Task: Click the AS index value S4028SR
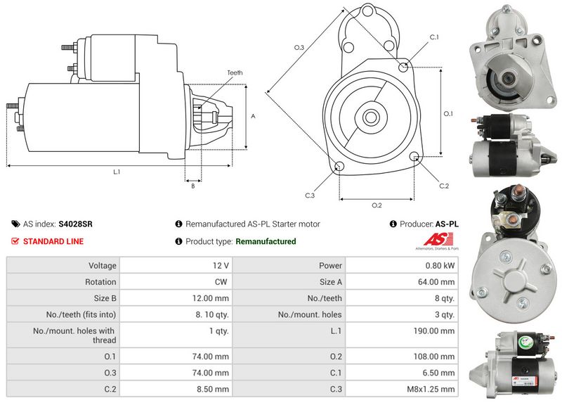click(x=75, y=224)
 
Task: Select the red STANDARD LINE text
click(x=53, y=241)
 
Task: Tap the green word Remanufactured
click(x=266, y=241)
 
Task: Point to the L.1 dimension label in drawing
click(x=117, y=172)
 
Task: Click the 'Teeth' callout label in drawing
click(x=235, y=72)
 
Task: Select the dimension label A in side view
click(x=252, y=117)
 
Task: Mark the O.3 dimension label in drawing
click(x=299, y=47)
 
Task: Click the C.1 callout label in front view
click(x=433, y=37)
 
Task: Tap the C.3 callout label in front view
click(x=310, y=196)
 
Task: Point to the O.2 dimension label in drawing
click(x=376, y=205)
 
